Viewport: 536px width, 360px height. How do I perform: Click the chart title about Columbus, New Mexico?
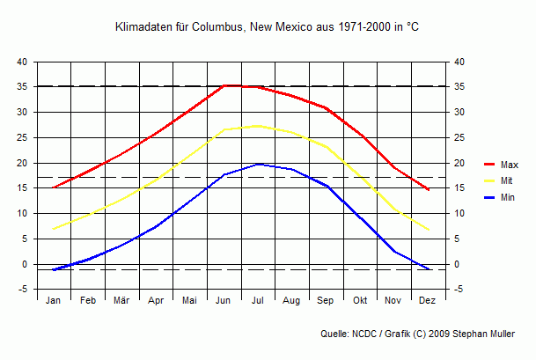pyautogui.click(x=268, y=27)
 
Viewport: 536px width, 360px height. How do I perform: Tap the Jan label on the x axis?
pyautogui.click(x=54, y=300)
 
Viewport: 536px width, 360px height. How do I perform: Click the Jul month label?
pyautogui.click(x=258, y=300)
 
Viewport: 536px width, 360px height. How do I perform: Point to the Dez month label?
pyautogui.click(x=428, y=300)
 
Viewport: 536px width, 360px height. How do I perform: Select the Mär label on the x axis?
pyautogui.click(x=121, y=300)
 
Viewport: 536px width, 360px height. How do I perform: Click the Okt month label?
pyautogui.click(x=360, y=300)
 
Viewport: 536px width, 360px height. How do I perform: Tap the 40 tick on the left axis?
pyautogui.click(x=22, y=62)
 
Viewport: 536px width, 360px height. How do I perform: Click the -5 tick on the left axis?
pyautogui.click(x=22, y=290)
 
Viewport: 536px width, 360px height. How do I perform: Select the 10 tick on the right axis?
pyautogui.click(x=459, y=213)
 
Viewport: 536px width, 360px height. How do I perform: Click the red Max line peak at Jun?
pyautogui.click(x=224, y=85)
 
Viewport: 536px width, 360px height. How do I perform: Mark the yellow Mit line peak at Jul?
pyautogui.click(x=258, y=126)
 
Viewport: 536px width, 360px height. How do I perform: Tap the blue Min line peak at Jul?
pyautogui.click(x=258, y=164)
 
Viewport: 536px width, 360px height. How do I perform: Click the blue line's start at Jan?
pyautogui.click(x=54, y=269)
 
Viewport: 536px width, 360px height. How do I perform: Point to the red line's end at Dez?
pyautogui.click(x=428, y=189)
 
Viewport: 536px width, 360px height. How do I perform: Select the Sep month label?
pyautogui.click(x=327, y=300)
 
